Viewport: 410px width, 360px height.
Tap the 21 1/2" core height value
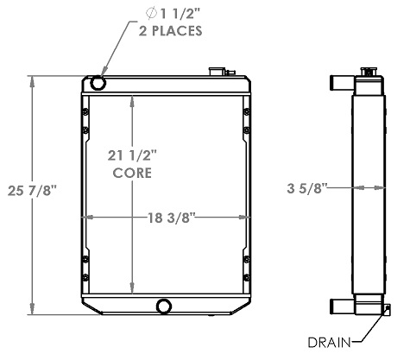[x=132, y=156]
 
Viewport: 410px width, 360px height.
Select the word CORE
[x=132, y=173]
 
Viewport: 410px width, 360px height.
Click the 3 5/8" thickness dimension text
[x=306, y=186]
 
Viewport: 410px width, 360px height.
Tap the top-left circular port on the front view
[x=98, y=83]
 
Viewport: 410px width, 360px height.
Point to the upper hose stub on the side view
[x=339, y=84]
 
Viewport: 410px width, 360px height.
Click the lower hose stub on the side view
[x=339, y=305]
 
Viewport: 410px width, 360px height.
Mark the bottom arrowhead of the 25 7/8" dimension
[x=33, y=313]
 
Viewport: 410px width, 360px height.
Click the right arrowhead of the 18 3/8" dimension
[x=249, y=216]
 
